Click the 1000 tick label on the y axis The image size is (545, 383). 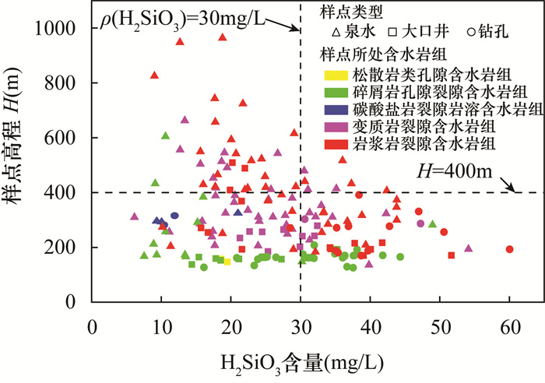tap(61, 29)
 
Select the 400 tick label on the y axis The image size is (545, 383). tap(66, 193)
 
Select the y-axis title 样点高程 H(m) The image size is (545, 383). tap(17, 166)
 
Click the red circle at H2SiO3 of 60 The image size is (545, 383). tap(509, 249)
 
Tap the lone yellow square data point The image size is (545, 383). tap(227, 262)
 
